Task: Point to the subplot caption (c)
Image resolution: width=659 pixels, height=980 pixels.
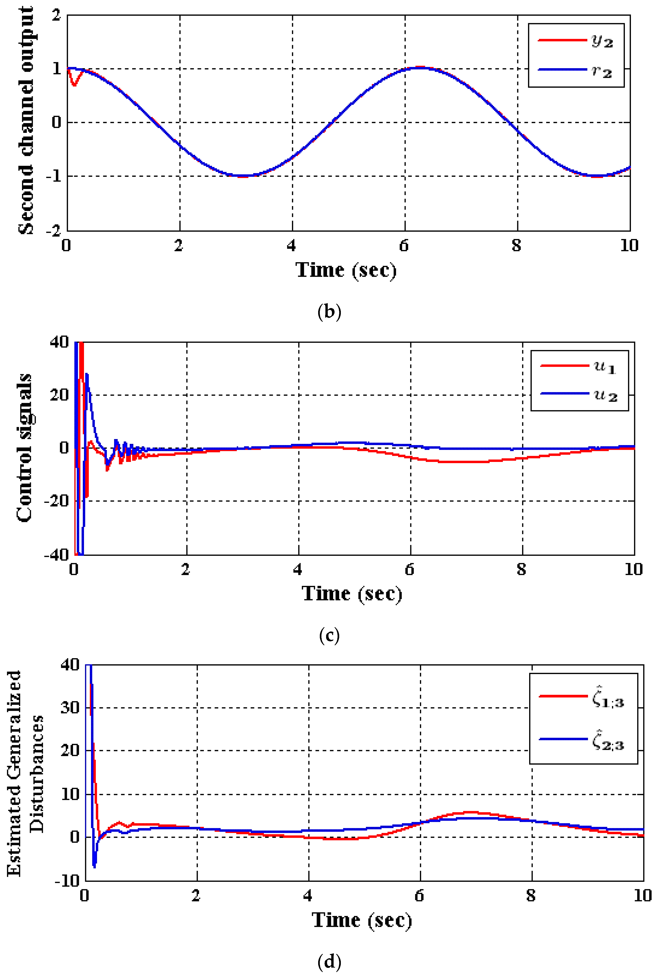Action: [x=329, y=635]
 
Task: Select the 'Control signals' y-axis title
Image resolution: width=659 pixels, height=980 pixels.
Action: [x=24, y=448]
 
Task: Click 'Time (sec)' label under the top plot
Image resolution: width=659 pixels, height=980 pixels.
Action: [x=346, y=270]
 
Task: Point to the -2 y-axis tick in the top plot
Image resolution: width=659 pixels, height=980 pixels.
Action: [x=53, y=230]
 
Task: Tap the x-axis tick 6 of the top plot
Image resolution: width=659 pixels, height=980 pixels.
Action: [x=404, y=245]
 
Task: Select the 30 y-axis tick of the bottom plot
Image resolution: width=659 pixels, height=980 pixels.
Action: [x=69, y=708]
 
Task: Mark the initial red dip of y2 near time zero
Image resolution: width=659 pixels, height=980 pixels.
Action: [x=74, y=84]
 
